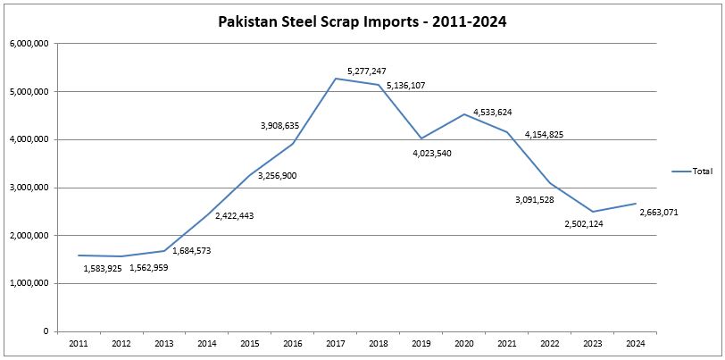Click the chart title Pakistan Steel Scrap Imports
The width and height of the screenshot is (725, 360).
click(x=362, y=22)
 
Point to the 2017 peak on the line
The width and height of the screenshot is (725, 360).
click(x=336, y=79)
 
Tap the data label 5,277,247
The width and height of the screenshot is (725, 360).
click(x=367, y=69)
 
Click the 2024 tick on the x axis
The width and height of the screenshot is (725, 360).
click(x=636, y=342)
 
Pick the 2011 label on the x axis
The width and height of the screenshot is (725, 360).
click(x=79, y=342)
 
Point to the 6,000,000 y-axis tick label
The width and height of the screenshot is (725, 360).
click(x=29, y=44)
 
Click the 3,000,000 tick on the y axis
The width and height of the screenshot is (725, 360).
click(x=29, y=188)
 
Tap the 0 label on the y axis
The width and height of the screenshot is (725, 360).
click(x=45, y=331)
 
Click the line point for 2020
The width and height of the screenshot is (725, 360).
click(x=464, y=114)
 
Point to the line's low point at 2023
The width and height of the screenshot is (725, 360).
click(x=593, y=212)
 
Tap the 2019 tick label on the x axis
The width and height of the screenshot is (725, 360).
click(x=421, y=342)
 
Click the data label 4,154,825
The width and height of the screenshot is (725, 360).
click(x=544, y=135)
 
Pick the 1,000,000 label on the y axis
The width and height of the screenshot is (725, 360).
click(x=29, y=283)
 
